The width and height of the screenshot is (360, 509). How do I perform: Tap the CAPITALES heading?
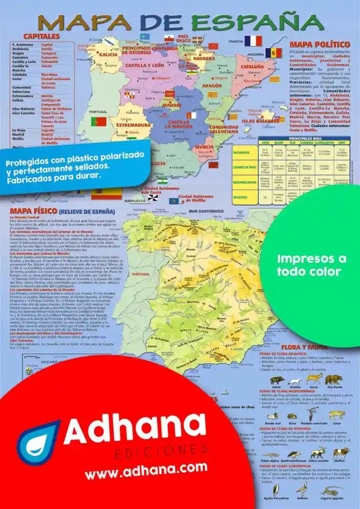point(42,36)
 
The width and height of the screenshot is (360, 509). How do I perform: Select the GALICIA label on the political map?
point(108,55)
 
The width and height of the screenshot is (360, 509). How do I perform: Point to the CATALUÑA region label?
point(252,66)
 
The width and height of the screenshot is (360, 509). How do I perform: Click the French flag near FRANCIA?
point(253,41)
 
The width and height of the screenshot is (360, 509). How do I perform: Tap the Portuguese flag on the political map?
point(99,121)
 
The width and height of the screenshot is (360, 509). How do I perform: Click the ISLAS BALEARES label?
point(260,120)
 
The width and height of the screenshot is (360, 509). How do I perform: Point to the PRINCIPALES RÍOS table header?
point(309,138)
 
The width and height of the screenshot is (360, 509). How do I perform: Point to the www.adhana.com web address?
point(146,467)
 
